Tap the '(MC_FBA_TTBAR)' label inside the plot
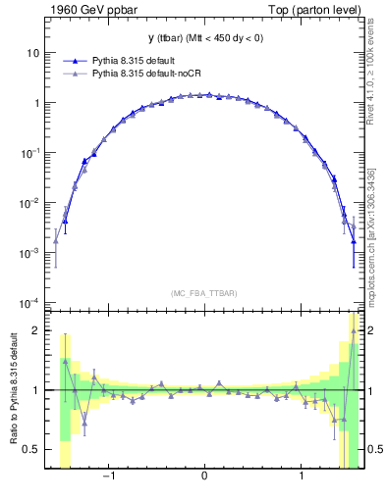click(203, 293)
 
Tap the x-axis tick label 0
click(203, 479)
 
